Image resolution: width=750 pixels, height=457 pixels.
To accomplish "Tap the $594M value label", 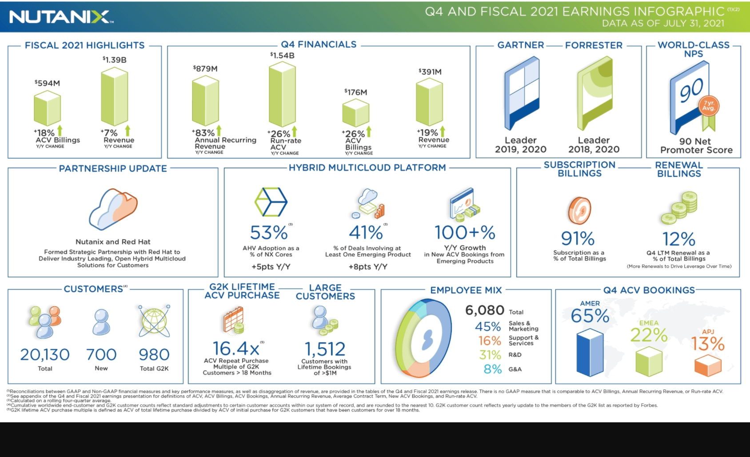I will pos(47,83).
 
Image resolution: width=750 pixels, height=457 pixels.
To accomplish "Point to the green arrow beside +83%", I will pos(219,131).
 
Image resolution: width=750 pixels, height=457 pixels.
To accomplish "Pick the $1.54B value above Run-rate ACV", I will pos(282,56).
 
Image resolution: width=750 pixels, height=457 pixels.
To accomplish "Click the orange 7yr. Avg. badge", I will pos(709,107).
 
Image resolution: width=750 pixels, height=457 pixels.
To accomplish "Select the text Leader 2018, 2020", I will pos(594,145).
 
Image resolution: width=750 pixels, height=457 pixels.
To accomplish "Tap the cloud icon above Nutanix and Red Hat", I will pos(113,208).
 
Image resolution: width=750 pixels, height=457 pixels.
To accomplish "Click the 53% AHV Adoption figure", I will pos(269,233).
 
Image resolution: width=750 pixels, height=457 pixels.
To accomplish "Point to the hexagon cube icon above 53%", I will pos(271,202).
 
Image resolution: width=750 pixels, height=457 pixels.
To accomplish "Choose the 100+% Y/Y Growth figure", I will pos(465,233).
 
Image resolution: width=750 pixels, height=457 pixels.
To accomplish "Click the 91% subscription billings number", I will pos(578,239).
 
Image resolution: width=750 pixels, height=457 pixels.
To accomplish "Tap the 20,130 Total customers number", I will pos(45,354).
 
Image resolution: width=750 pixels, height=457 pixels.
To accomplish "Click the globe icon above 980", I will pos(154,321).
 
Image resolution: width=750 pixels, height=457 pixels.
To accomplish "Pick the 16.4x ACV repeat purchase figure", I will pos(235,349).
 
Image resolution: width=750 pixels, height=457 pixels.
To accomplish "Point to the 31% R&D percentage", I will pos(490,355).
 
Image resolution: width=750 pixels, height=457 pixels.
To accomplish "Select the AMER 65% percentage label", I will pos(590,316).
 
